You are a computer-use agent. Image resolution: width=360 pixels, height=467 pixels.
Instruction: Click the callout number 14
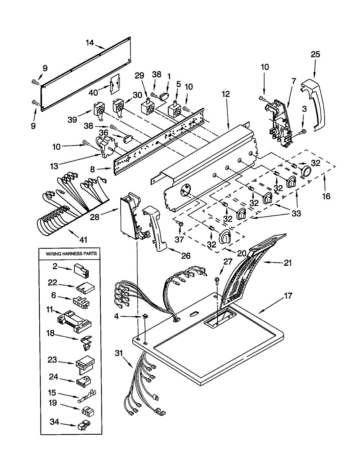90,43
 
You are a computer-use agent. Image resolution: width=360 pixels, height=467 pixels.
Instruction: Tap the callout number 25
315,54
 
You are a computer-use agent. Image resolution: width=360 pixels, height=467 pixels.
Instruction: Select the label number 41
83,239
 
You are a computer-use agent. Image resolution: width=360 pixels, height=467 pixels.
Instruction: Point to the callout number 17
288,296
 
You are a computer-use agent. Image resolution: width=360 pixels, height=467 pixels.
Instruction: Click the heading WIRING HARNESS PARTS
71,254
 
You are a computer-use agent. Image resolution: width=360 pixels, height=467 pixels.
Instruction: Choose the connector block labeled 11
74,321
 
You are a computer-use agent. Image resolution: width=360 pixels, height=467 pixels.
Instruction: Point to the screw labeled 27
216,281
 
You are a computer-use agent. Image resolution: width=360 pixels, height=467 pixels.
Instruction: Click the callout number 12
226,94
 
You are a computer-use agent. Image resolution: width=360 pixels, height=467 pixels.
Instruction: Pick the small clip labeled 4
146,316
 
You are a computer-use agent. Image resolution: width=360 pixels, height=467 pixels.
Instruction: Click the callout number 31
118,353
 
